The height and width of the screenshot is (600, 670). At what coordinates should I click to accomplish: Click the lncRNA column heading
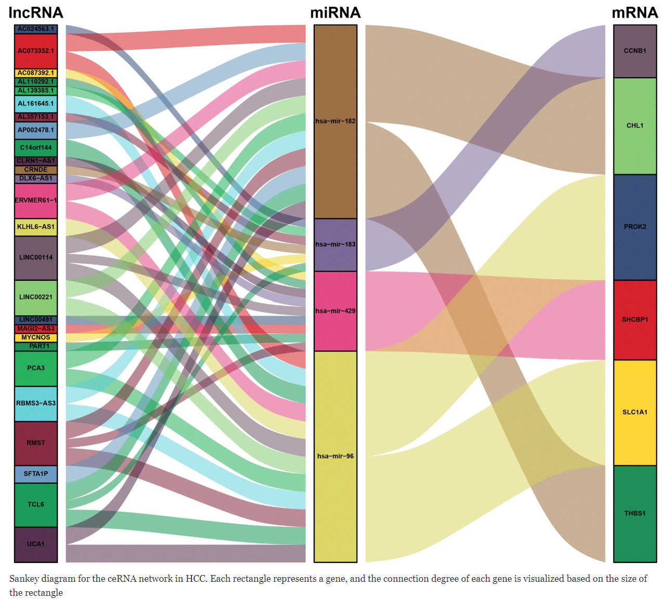[36, 12]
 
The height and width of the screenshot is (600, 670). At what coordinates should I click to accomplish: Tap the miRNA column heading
[335, 12]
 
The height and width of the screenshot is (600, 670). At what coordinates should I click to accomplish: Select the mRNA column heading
[635, 12]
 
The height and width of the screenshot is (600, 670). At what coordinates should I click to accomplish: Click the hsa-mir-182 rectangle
[336, 121]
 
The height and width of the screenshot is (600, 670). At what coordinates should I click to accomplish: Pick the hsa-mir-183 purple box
[336, 244]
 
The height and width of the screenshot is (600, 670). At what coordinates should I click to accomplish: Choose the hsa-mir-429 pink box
[336, 311]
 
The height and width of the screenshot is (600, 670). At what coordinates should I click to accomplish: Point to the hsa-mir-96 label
[336, 456]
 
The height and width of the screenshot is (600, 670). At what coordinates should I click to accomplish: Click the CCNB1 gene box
[635, 51]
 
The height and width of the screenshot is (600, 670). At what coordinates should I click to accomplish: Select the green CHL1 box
[635, 126]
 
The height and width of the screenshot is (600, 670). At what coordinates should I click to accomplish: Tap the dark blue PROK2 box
[635, 227]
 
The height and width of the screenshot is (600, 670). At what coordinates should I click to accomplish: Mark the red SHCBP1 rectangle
[635, 320]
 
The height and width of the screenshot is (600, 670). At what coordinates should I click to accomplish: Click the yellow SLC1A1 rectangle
[635, 412]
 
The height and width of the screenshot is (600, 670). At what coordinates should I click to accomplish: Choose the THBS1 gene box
[635, 513]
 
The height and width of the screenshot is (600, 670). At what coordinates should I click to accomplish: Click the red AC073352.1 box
[36, 51]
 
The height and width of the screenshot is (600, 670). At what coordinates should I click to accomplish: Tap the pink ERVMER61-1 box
[36, 200]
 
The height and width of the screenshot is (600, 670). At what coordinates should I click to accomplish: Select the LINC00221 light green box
[36, 297]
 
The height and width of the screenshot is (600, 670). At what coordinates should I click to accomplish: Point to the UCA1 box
[36, 544]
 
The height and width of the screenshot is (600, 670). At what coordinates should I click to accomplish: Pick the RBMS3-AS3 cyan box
[36, 403]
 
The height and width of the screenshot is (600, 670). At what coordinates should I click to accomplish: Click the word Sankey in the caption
[24, 579]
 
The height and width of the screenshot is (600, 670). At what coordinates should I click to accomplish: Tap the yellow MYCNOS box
[36, 337]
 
